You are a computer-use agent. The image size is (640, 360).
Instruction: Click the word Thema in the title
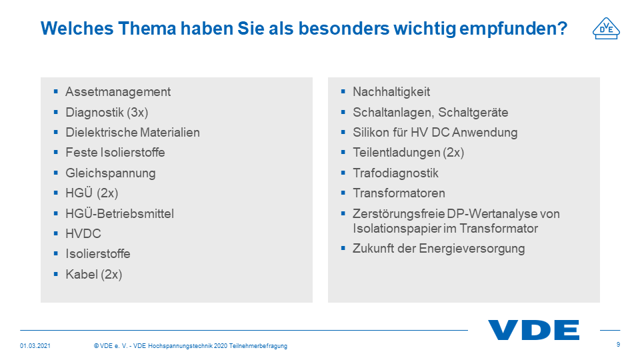click(147, 28)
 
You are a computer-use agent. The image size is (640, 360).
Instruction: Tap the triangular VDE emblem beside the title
click(606, 29)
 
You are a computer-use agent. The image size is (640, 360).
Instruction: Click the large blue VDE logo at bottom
click(533, 330)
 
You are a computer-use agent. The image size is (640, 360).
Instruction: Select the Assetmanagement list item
click(118, 92)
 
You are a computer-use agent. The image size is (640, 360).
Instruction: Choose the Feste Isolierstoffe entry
click(115, 152)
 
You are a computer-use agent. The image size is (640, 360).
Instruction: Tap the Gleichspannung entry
click(111, 173)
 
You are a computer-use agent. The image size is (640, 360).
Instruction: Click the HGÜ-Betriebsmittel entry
click(119, 213)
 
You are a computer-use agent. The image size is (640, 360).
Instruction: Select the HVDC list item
click(83, 233)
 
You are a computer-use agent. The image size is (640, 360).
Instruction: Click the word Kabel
click(81, 274)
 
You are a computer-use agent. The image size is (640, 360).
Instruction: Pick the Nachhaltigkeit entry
click(391, 92)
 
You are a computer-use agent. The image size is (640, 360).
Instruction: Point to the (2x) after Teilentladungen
click(453, 153)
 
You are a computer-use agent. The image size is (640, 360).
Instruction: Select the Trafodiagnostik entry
click(395, 173)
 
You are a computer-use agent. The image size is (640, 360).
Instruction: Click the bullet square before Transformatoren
click(343, 192)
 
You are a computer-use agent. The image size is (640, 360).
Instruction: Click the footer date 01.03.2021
click(35, 346)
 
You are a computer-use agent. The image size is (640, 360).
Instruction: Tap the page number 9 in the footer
click(619, 345)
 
